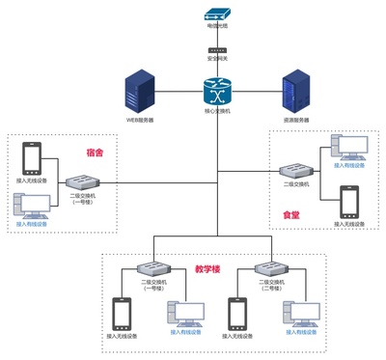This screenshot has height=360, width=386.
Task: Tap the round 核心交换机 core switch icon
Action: [x=217, y=93]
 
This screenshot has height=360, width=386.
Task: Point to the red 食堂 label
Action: [x=290, y=215]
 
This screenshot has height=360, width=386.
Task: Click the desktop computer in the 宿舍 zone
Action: [x=33, y=206]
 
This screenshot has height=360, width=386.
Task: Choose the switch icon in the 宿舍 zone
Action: [x=82, y=180]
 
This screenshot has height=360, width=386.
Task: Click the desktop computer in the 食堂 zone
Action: [x=348, y=146]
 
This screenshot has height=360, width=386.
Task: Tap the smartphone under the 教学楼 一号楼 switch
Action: [x=123, y=313]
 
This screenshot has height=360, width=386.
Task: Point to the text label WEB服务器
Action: [x=141, y=121]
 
